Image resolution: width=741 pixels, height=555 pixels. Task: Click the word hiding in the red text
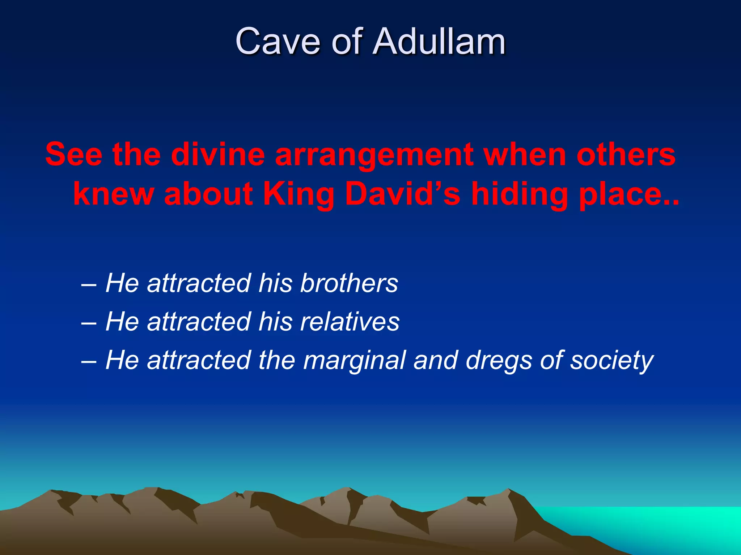(519, 195)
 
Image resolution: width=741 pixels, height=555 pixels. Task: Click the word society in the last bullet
(611, 361)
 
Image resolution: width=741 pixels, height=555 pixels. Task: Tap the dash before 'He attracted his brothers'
(89, 284)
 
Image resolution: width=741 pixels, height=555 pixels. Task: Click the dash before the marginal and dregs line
(89, 361)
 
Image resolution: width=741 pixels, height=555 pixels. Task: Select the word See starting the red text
(74, 155)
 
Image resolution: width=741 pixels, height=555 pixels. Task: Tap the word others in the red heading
(626, 155)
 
